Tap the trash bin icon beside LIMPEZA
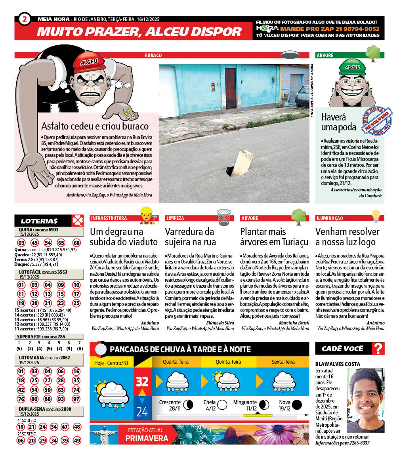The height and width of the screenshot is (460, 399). [x=223, y=217]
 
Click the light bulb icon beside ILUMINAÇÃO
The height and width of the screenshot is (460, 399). [x=375, y=216]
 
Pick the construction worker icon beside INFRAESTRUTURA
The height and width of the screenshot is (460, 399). [x=146, y=216]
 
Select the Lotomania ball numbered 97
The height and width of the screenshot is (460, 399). [x=76, y=399]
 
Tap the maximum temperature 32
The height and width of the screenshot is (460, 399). [x=142, y=382]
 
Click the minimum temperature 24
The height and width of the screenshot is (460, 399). [x=142, y=412]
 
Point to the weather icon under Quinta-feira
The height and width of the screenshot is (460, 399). [x=228, y=381]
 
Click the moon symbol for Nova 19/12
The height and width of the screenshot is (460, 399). [x=297, y=405]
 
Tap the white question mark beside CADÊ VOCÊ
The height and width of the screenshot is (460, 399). [x=379, y=349]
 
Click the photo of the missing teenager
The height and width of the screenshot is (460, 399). [x=365, y=400]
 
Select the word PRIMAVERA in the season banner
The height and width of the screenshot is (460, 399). [x=147, y=438]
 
